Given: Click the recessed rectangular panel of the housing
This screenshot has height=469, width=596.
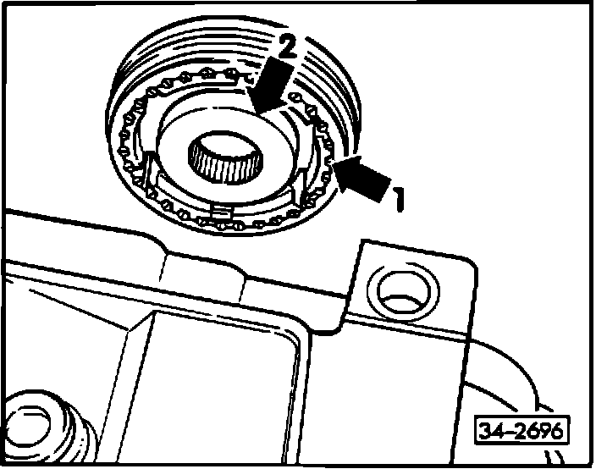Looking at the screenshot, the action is [x=229, y=372].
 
